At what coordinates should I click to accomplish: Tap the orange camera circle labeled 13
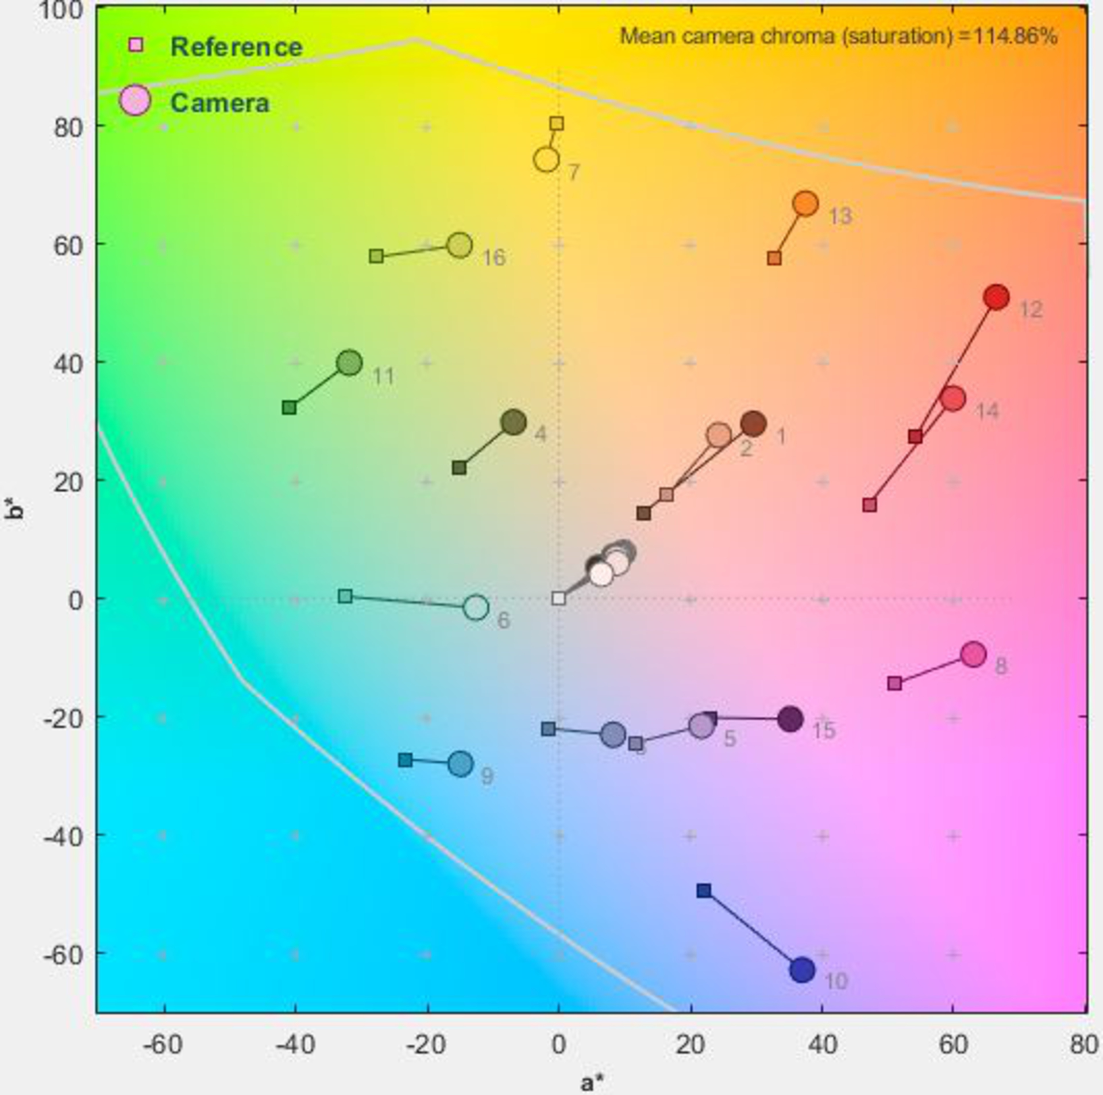(x=805, y=204)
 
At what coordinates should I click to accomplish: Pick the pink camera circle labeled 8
(x=973, y=654)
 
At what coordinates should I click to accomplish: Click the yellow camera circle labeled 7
(x=546, y=160)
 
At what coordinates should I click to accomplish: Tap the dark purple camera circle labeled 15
(x=790, y=719)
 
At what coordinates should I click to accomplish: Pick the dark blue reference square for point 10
(x=704, y=890)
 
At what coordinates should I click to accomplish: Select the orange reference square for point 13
(x=774, y=258)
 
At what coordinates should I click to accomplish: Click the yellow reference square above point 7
(x=557, y=123)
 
